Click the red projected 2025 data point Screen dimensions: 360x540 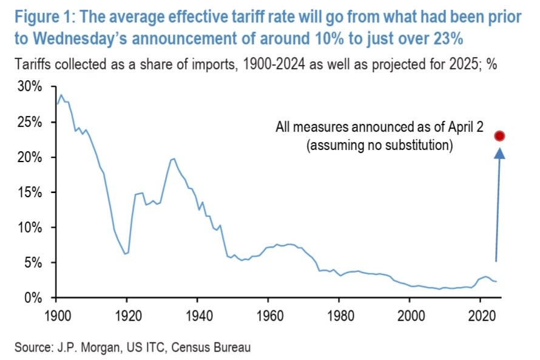pyautogui.click(x=500, y=136)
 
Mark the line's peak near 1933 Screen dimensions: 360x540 pyautogui.click(x=174, y=158)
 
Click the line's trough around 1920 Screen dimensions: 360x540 pyautogui.click(x=125, y=254)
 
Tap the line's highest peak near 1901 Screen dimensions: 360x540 pyautogui.click(x=60, y=95)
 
